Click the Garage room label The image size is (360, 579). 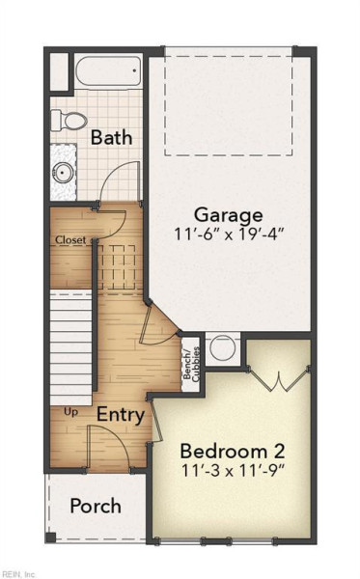tap(228, 215)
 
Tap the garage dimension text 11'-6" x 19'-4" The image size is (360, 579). tap(229, 234)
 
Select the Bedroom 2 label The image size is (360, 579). tap(233, 452)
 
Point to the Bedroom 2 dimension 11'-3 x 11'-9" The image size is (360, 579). tap(233, 471)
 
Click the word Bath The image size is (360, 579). tap(111, 137)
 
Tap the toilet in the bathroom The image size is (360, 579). tap(69, 121)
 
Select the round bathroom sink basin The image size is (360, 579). tap(62, 172)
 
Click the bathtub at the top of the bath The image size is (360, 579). tap(108, 70)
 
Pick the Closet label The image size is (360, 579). tap(70, 240)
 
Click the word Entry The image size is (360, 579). tap(121, 415)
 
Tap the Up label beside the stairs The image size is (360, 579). tap(70, 412)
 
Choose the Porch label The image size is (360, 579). tap(96, 506)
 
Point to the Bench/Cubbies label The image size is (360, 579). tap(191, 365)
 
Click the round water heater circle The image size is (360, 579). tap(222, 347)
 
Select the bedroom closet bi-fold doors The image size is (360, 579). tap(278, 378)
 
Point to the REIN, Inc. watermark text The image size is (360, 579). tap(18, 574)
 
